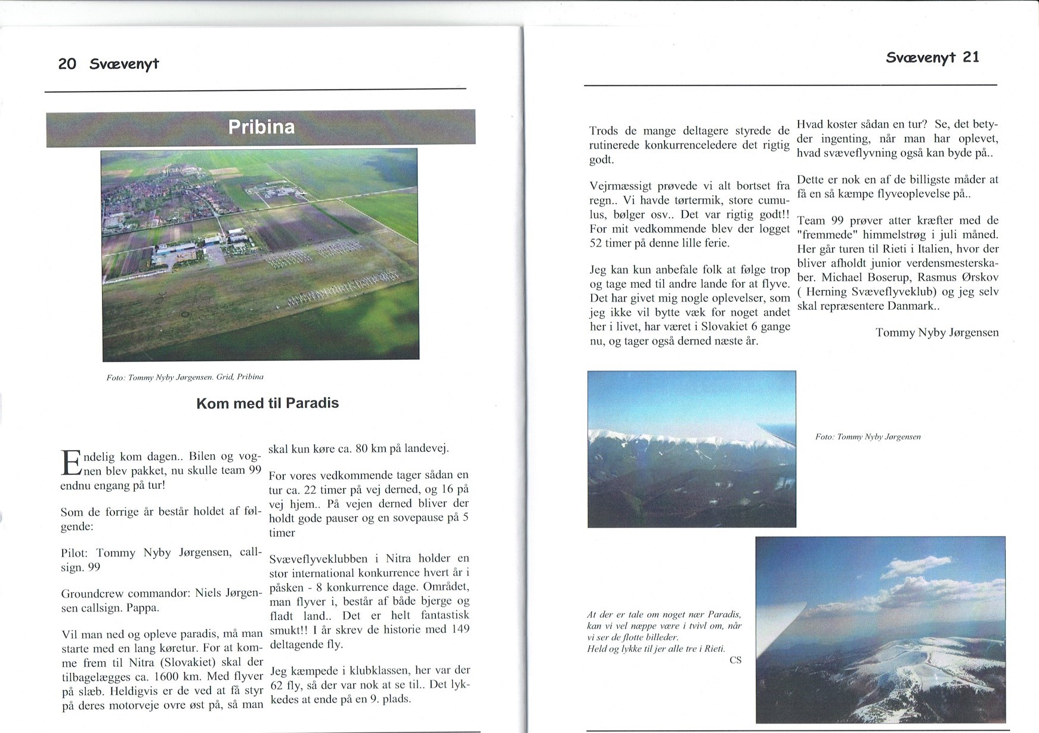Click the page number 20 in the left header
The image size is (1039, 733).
point(67,64)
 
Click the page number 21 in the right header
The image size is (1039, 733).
point(971,57)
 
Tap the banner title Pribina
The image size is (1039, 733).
point(261,127)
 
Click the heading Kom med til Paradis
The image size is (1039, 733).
point(267,403)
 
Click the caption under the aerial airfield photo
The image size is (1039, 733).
point(185,377)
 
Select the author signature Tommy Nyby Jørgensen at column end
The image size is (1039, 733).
point(936,332)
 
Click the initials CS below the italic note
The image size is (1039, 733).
point(735,660)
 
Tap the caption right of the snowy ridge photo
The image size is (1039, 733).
point(868,437)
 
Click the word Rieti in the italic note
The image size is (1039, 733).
point(714,648)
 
